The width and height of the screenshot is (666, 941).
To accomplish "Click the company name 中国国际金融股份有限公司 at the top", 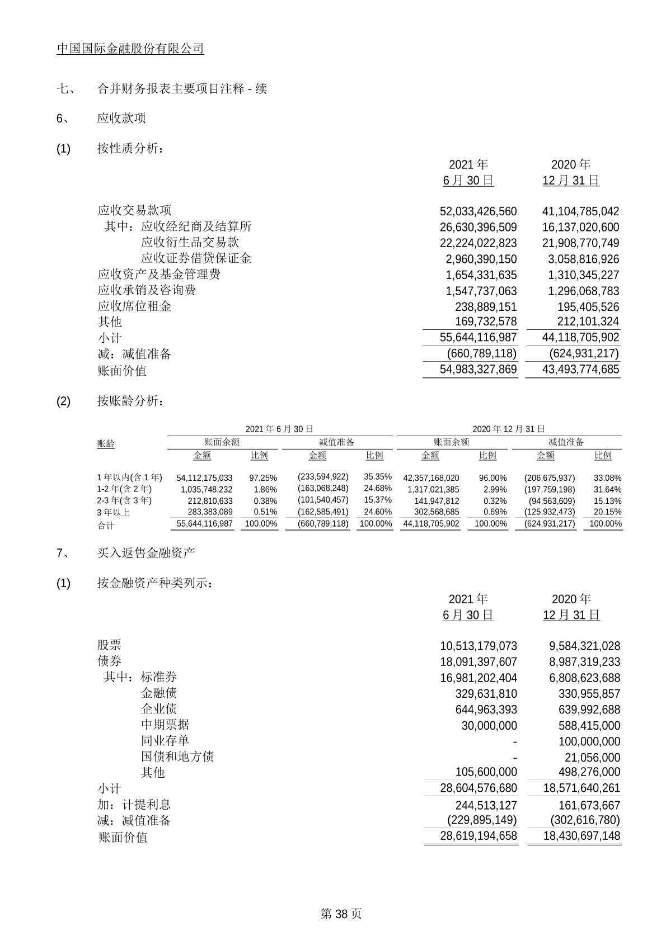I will (x=130, y=49).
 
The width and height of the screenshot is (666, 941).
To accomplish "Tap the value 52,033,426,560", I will (x=479, y=211).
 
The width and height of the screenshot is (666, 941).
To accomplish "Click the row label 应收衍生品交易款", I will (x=190, y=242).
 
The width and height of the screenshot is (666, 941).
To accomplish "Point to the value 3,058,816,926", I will (x=580, y=259).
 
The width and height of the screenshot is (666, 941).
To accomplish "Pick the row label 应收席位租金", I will (x=134, y=306).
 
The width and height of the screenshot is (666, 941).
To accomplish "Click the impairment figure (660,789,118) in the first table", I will (x=481, y=353).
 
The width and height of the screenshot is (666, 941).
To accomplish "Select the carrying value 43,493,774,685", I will (x=580, y=369).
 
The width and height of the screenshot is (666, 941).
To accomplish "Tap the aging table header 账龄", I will (x=105, y=444).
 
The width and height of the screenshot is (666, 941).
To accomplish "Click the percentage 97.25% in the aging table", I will (x=263, y=478).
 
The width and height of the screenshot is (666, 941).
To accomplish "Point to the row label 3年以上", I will (x=113, y=512).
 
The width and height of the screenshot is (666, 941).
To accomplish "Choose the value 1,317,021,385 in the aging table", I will (x=431, y=489).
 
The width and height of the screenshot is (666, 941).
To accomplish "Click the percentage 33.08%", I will (x=607, y=478).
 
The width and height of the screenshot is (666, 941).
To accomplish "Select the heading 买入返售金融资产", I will (x=146, y=553).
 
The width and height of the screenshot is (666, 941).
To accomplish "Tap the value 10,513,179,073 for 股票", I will (x=479, y=646).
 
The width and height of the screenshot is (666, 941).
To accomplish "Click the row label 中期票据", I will (x=165, y=725).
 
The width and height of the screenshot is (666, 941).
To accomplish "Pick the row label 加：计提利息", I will (x=134, y=805).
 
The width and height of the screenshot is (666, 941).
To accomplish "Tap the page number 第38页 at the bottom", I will (x=341, y=914).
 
